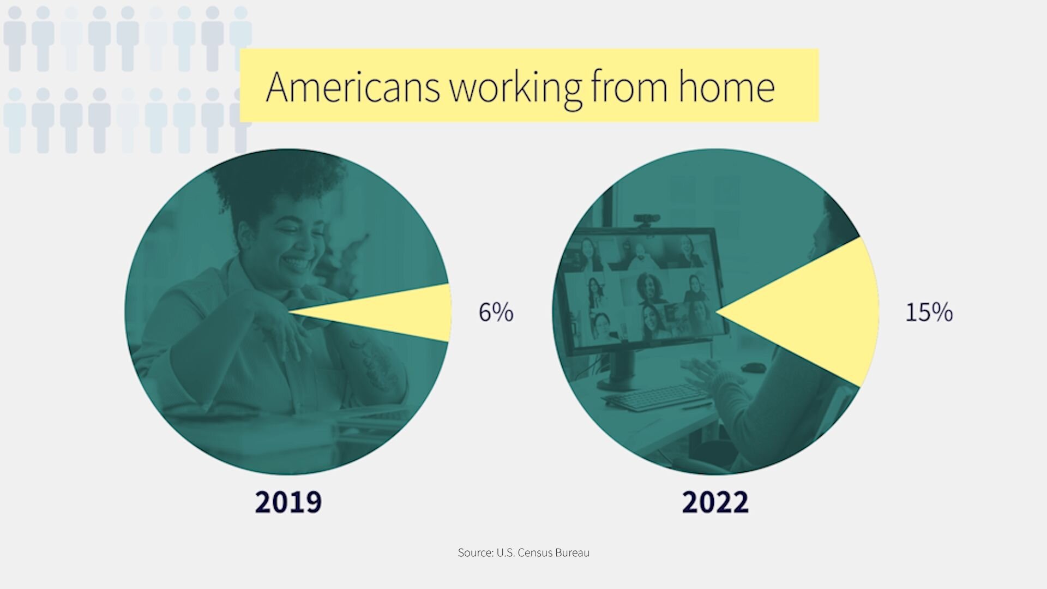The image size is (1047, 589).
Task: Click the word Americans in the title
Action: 353,87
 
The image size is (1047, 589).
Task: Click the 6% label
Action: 496,312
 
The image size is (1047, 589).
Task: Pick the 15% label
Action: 929,312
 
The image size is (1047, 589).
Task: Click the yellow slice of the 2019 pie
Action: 393,312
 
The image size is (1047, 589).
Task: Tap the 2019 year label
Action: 288,502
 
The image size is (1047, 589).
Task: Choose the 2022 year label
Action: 715,502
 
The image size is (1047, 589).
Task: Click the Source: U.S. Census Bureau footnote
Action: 523,552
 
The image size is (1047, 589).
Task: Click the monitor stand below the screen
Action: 622,369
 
